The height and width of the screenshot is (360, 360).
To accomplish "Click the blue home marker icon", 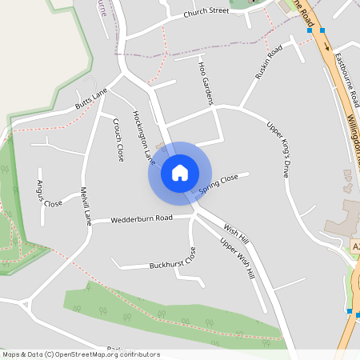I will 180,172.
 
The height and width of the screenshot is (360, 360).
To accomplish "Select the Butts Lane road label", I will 91,99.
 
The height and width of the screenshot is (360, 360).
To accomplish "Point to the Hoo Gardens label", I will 206,82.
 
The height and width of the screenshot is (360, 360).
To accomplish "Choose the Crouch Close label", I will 118,140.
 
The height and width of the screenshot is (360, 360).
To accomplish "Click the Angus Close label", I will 49,194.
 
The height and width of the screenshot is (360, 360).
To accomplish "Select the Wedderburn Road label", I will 142,218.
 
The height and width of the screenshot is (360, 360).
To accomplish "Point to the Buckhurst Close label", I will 173,259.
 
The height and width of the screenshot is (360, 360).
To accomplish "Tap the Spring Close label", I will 218,184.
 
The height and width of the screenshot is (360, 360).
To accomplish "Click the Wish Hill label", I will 237,233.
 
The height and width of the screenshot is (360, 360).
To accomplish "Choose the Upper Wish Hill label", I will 238,258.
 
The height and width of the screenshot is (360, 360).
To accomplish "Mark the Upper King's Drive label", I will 277,147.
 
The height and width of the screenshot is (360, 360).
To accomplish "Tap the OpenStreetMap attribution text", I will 81,354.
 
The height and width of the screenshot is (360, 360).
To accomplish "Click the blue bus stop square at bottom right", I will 350,311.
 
